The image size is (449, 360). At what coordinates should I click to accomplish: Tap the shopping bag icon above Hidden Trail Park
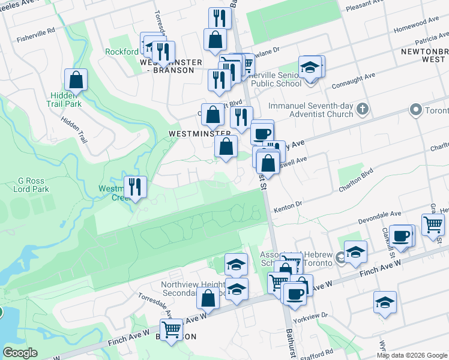tap(76, 80)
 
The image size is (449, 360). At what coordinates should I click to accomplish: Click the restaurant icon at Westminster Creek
tap(135, 187)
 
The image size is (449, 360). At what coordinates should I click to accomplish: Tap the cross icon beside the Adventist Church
tap(361, 109)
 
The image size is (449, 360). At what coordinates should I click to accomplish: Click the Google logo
tap(20, 353)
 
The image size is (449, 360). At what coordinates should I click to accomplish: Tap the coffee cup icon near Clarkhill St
tap(400, 236)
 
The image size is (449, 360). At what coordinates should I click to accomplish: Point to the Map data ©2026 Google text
tap(412, 355)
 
